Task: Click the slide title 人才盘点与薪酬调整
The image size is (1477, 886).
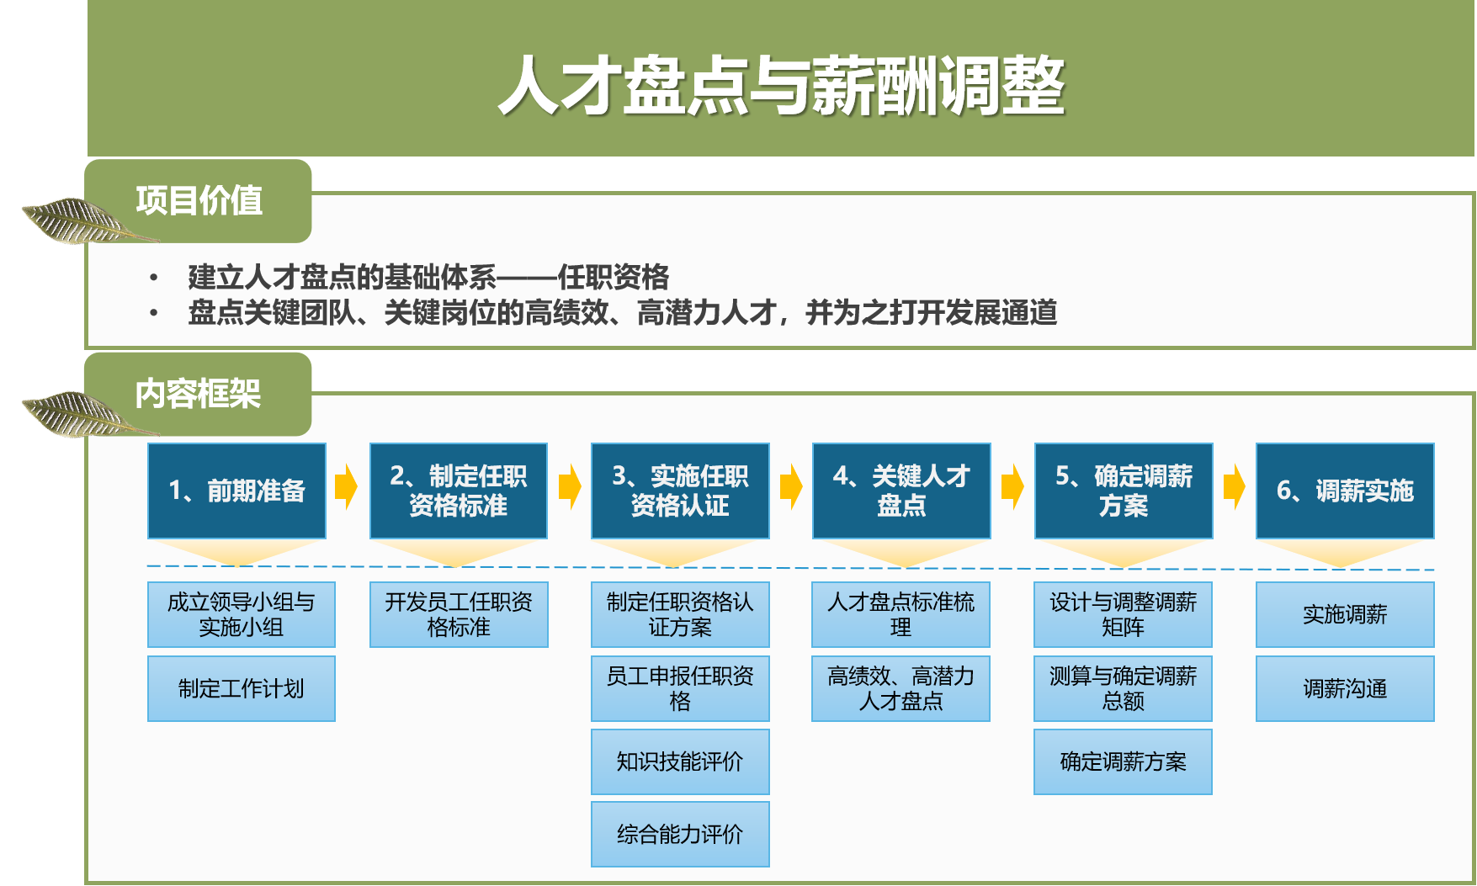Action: click(x=781, y=86)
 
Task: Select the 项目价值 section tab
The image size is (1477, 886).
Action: click(x=199, y=201)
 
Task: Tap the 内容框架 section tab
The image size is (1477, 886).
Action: click(x=199, y=394)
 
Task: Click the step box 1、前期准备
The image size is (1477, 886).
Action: click(x=236, y=491)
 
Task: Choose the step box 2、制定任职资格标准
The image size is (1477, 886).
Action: click(x=459, y=491)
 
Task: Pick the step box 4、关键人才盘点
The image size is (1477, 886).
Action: click(x=901, y=491)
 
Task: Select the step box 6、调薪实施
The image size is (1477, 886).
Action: click(x=1345, y=491)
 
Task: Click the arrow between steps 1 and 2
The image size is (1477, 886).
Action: click(x=347, y=486)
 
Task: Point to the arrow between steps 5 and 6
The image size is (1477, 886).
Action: click(x=1234, y=486)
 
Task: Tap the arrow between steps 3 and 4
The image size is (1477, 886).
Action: click(x=790, y=486)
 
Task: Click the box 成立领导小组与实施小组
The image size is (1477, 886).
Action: click(x=242, y=614)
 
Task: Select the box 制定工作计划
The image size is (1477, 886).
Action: click(x=242, y=688)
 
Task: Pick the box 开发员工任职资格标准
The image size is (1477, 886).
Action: click(x=459, y=614)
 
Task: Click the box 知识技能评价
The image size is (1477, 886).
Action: click(x=680, y=761)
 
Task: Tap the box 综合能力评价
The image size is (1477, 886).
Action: click(x=680, y=834)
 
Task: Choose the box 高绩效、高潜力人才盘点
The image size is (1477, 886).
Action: click(x=901, y=688)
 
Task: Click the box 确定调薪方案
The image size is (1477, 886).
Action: click(x=1123, y=761)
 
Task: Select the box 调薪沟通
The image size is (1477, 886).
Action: click(x=1345, y=688)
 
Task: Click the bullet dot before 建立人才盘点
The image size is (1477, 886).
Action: click(x=153, y=277)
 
